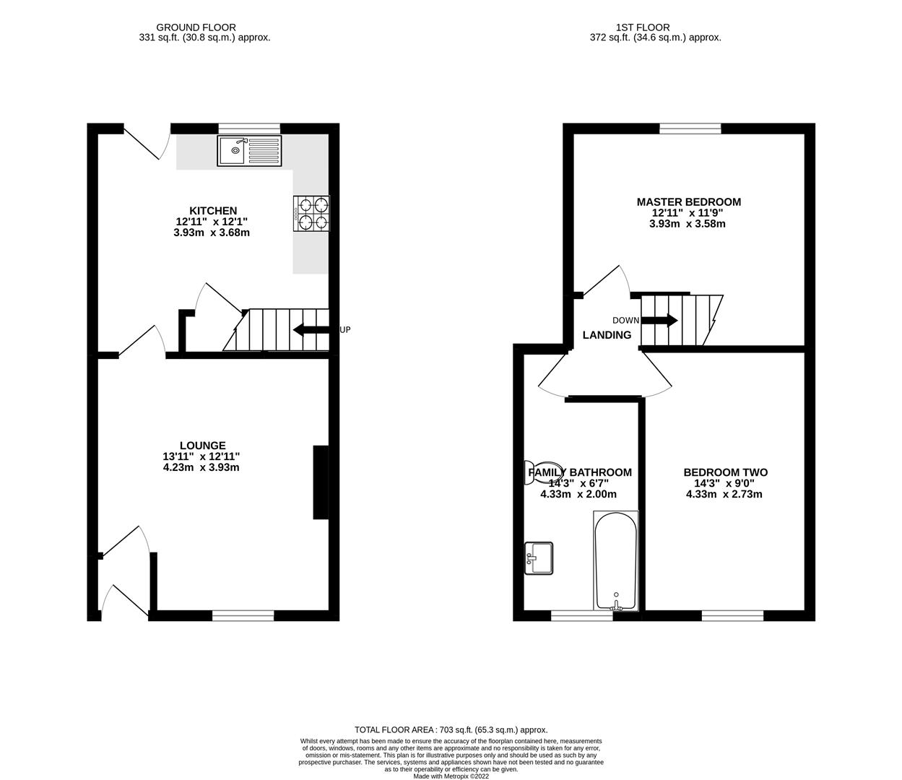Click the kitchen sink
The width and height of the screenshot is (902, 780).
pos(249,150)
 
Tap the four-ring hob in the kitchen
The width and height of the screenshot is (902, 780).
pos(311,214)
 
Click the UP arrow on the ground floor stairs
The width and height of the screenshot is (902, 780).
pos(311,330)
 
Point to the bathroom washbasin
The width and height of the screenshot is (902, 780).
pos(539,558)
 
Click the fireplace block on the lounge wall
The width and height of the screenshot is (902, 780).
pos(321,482)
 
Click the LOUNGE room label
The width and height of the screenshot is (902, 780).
pos(203,446)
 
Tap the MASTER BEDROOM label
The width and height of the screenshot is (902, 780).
pos(688,202)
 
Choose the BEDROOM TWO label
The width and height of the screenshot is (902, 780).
pos(725,473)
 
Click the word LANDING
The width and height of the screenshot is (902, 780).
pos(607,335)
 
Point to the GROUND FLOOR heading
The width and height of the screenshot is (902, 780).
pos(204,27)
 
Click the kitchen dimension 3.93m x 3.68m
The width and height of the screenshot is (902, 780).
pos(212,233)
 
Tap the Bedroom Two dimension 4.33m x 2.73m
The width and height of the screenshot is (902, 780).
pos(724,495)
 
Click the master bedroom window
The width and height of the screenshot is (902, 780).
pos(690,129)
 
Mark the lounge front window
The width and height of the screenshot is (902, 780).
pos(243,615)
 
